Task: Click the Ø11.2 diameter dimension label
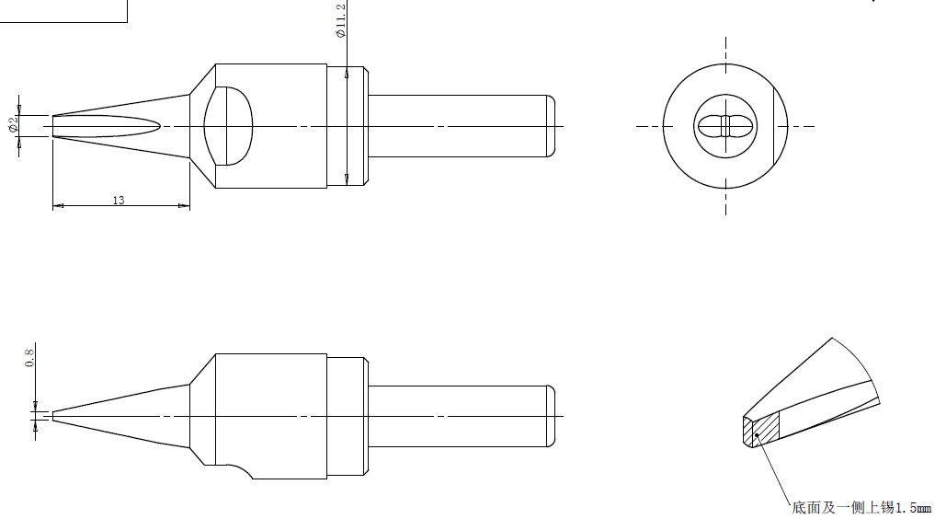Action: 341,20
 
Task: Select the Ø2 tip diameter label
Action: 13,124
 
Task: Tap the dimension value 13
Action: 119,200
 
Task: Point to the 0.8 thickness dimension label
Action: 29,357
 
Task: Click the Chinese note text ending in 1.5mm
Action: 861,508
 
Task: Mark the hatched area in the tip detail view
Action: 767,428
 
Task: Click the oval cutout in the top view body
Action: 228,126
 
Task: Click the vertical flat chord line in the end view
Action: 773,126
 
